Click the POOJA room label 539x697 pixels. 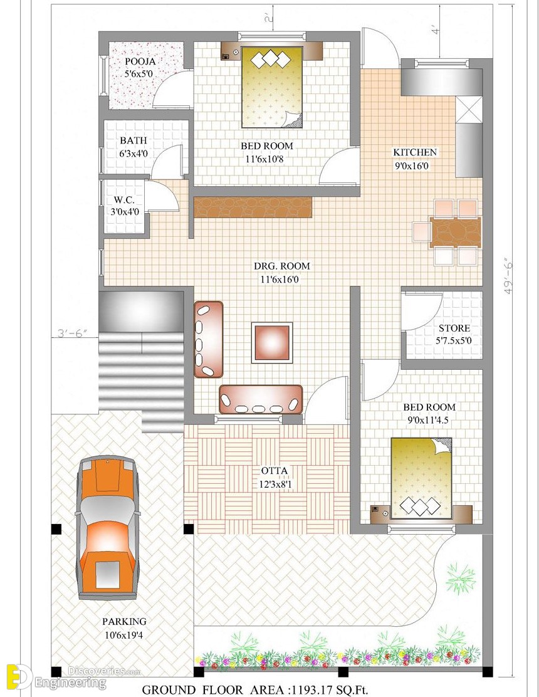coord(140,61)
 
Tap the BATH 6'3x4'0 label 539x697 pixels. coord(133,147)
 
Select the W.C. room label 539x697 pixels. coord(124,200)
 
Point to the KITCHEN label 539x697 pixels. coord(415,152)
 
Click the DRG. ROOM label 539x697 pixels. coord(281,266)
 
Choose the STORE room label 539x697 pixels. coord(454,328)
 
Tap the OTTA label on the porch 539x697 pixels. coord(274,470)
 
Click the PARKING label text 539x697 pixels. coord(124,621)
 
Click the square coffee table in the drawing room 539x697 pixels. coord(272,342)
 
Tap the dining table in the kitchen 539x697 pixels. coord(456,232)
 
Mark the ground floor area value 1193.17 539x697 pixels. coord(314,690)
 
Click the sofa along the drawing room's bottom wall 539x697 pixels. coord(261,399)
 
